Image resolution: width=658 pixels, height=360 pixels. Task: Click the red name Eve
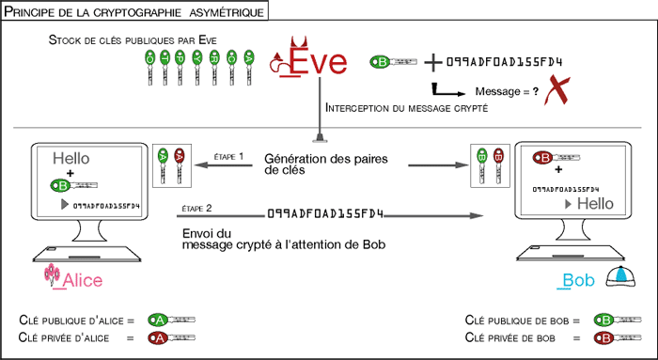[x=317, y=61]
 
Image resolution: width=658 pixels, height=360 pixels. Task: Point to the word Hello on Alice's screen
[x=71, y=159]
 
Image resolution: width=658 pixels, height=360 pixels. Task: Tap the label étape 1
[x=228, y=155]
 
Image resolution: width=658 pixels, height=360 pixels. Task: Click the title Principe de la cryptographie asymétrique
[x=133, y=10]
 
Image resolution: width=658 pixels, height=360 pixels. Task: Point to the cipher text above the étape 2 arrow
[x=328, y=214]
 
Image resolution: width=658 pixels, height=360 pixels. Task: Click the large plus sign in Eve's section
[x=432, y=63]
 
